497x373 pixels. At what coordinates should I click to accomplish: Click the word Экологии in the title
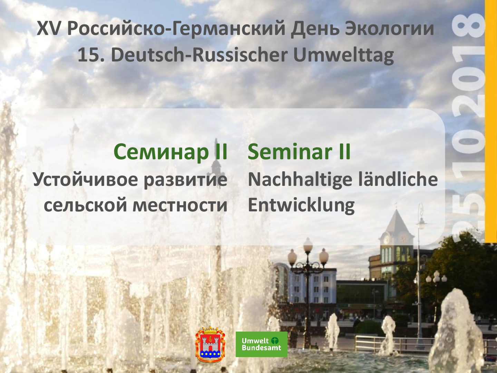389,29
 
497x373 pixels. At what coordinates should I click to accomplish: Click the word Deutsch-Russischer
199,55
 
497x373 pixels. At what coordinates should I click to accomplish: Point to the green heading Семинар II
170,152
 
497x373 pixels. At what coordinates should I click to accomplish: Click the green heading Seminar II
299,151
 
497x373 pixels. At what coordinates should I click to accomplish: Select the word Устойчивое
85,179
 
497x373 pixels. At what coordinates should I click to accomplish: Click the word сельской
85,205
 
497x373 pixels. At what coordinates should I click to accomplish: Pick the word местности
180,205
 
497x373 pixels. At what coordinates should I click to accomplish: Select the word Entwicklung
301,205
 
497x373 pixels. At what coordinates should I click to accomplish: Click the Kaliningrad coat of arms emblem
209,344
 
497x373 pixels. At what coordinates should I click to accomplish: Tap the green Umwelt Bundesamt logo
262,344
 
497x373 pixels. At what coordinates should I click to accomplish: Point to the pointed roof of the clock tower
397,222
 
